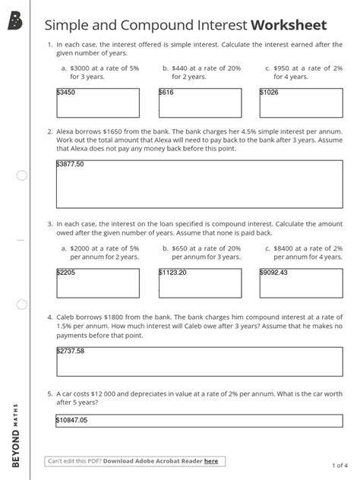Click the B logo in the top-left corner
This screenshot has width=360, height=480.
pos(14,24)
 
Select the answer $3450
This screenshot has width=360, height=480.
pos(67,92)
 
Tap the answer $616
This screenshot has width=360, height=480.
pos(167,92)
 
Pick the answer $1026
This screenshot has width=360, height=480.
pos(270,92)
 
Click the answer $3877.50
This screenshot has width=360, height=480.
pos(70,164)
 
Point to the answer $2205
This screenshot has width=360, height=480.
pos(67,272)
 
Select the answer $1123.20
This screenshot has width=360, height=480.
pos(172,272)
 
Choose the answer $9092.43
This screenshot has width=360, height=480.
pos(273,272)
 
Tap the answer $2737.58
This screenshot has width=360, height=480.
pos(70,351)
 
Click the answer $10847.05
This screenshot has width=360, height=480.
pos(72,420)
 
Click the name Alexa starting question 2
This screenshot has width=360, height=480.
pos(66,131)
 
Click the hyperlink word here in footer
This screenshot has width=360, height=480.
pos(210,460)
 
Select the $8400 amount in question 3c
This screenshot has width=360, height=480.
pos(285,248)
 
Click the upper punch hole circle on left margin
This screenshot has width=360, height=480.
pos(21,175)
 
